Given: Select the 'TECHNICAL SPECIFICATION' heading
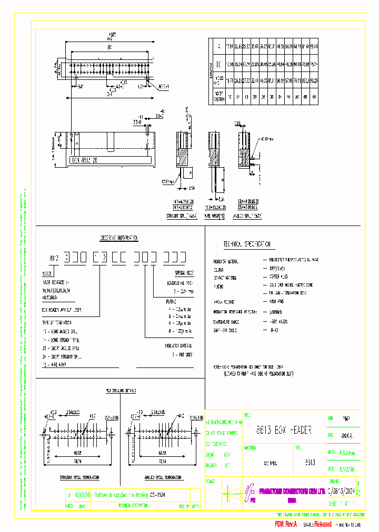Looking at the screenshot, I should (x=247, y=244).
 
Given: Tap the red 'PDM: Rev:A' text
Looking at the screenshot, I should (x=286, y=524).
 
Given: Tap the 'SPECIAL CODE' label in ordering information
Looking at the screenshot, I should (x=183, y=273).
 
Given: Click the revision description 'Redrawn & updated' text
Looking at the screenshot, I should (x=126, y=495).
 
